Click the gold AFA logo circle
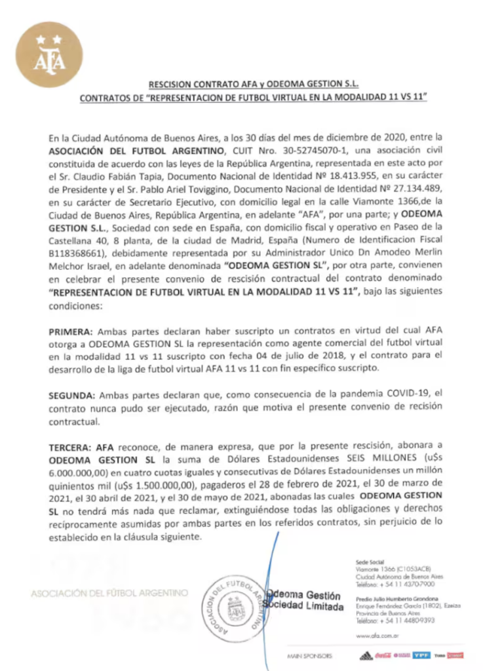click(49, 54)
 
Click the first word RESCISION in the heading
click(172, 85)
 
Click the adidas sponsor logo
click(366, 655)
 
